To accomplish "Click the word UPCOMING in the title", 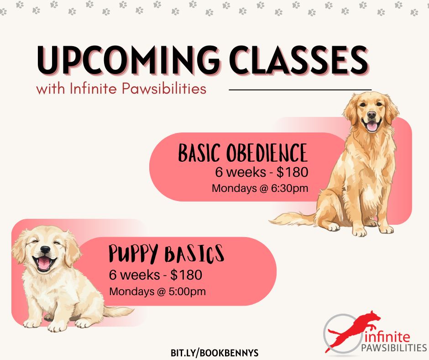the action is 128,60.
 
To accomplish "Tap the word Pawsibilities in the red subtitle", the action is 164,89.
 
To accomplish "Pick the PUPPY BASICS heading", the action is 166,254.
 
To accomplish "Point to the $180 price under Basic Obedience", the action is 292,172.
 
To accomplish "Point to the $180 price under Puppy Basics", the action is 186,275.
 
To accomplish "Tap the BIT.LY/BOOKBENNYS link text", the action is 214,353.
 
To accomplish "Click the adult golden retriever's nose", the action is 371,115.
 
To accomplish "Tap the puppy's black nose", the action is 45,249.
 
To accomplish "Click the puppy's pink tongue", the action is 44,264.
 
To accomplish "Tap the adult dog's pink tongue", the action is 372,127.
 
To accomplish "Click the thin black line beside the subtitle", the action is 300,90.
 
